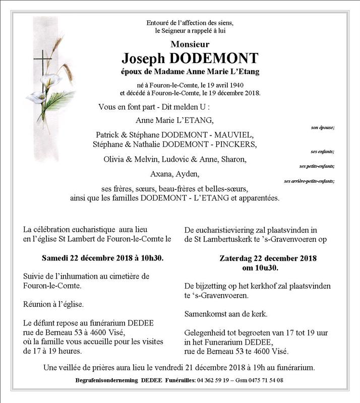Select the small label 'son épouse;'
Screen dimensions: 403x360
pos(323,128)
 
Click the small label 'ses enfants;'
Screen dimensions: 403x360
pos(323,151)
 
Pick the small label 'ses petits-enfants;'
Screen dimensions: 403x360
pos(317,166)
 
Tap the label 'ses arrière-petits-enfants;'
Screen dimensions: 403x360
pos(310,181)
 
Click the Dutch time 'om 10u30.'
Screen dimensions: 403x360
pos(268,267)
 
